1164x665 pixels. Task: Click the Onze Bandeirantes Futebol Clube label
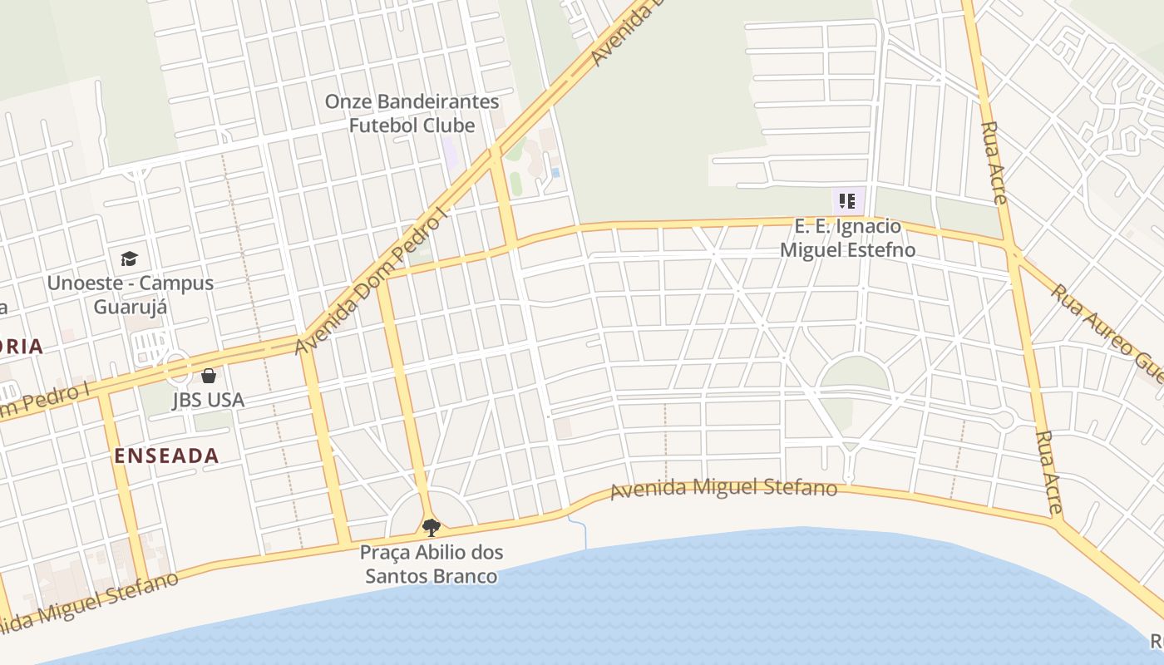(x=412, y=114)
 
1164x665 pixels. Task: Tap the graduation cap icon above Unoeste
(x=129, y=259)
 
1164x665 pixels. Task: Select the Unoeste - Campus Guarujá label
(x=131, y=294)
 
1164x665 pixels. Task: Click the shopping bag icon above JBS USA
(x=209, y=376)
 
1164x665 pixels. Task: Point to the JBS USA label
(x=208, y=400)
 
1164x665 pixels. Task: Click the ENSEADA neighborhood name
(x=166, y=456)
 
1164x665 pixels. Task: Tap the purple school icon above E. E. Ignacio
(x=847, y=200)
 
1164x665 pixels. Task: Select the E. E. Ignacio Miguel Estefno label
(x=847, y=238)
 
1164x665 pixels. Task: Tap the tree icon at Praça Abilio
(x=431, y=526)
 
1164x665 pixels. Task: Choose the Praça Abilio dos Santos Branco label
(x=432, y=564)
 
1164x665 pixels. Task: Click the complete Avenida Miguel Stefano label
(x=723, y=488)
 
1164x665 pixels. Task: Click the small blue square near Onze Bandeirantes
(x=555, y=172)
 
